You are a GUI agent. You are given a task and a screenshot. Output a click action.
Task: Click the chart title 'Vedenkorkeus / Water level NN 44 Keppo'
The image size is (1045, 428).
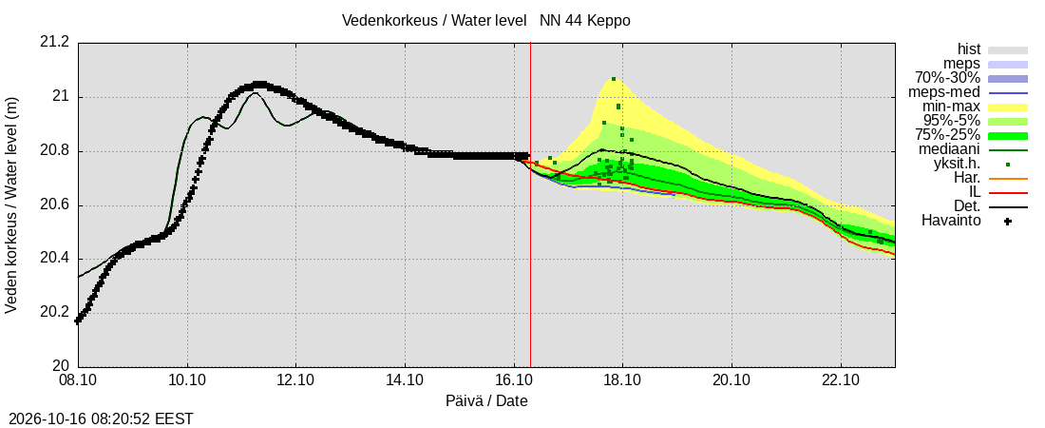(485, 21)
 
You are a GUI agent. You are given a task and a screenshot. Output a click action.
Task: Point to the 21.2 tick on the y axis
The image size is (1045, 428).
(55, 43)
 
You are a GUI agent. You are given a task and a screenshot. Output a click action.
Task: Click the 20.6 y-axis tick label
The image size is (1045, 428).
(55, 205)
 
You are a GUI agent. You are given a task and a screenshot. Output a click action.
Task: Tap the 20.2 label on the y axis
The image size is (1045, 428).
(55, 313)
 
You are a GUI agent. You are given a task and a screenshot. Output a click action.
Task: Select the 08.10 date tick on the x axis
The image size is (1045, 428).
(79, 381)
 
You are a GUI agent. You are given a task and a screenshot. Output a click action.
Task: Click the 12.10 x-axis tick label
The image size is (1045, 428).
(295, 381)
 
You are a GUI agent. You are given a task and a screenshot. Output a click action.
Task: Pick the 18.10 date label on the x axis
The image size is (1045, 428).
(622, 381)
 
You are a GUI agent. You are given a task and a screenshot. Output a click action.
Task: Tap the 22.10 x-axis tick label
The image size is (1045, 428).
(841, 381)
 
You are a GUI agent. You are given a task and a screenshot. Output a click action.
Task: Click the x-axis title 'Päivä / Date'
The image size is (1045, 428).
(486, 401)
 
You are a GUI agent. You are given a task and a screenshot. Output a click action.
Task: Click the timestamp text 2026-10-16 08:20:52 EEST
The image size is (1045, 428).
(98, 419)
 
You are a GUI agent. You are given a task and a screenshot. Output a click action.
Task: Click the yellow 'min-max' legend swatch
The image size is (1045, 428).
(1008, 107)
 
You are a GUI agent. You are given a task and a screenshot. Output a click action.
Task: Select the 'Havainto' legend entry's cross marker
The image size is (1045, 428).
(1008, 221)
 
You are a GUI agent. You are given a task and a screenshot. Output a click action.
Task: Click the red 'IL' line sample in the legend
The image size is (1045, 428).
(1008, 193)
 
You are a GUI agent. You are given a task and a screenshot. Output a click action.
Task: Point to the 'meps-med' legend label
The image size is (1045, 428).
(950, 92)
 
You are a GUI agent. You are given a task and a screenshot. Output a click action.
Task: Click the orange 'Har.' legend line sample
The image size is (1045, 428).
(1008, 179)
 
